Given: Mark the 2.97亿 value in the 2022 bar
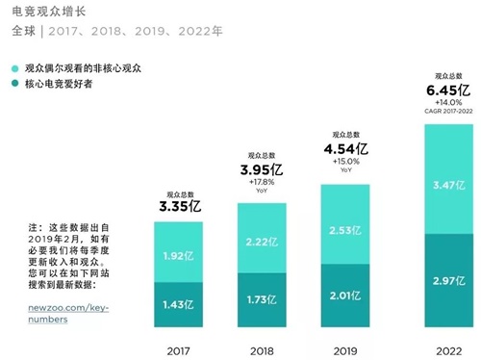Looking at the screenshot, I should [451, 282].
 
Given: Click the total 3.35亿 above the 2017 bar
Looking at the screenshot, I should [181, 205].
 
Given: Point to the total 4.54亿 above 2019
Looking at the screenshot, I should [345, 150].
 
